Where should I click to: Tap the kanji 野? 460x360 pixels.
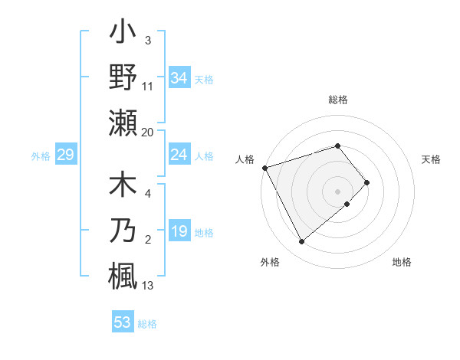coord(123,77)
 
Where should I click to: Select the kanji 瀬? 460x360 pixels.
coord(123,122)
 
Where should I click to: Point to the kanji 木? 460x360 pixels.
coord(123,187)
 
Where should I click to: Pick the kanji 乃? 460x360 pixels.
coord(123,231)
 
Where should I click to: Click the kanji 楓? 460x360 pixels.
coord(123,275)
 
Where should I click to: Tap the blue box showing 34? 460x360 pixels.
coord(179,77)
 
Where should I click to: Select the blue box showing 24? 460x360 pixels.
coord(179,155)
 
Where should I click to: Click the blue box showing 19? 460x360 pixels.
coord(179,231)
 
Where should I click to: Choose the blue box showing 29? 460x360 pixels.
coord(65,155)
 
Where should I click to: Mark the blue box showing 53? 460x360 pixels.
coord(123,322)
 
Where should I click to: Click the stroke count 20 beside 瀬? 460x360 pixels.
coord(148,133)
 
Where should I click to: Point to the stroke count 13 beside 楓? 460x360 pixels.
coord(148,286)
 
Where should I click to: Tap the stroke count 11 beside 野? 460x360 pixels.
coord(148,87)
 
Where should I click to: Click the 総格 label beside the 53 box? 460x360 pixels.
coord(147,324)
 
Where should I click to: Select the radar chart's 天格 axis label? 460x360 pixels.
coord(432,159)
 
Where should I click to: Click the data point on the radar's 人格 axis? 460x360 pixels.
coord(264,168)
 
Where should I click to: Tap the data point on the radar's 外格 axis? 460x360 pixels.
coord(302,242)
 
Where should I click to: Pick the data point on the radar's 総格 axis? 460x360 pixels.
coord(338,146)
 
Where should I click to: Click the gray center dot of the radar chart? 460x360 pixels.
coord(338,191)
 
